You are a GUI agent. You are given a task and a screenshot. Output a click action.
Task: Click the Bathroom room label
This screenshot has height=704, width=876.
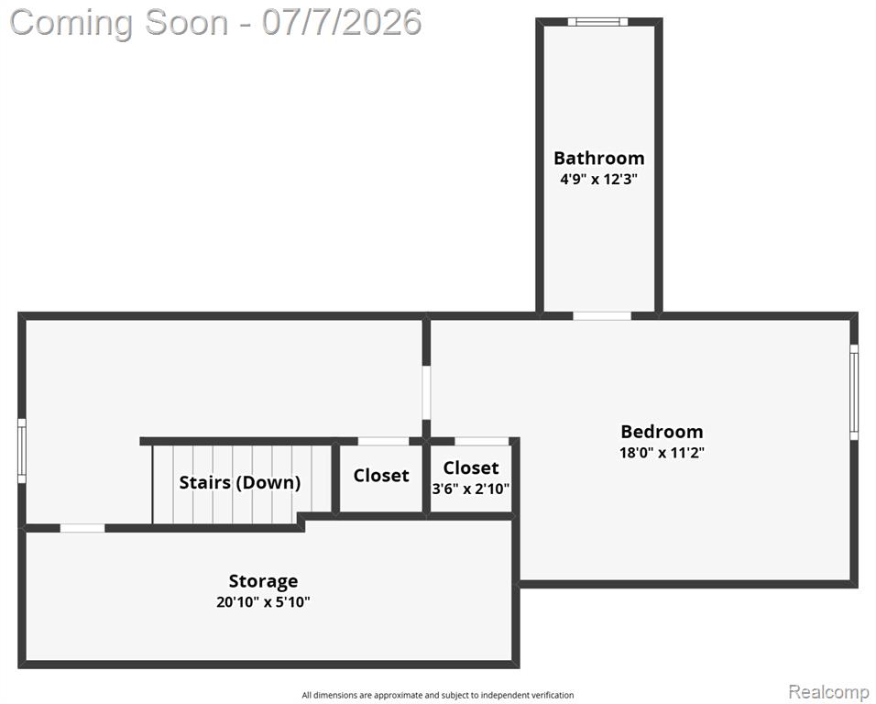click(599, 158)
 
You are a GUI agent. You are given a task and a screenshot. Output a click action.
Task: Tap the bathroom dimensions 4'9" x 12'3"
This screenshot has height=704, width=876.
click(599, 180)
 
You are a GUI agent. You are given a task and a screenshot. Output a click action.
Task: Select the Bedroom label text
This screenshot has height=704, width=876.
click(662, 432)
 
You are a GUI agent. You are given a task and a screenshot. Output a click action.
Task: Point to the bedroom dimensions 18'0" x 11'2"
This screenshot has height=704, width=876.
click(662, 452)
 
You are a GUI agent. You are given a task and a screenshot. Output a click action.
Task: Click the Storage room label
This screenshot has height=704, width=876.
click(263, 582)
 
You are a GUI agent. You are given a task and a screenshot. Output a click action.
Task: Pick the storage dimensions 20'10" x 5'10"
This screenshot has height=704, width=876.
click(263, 602)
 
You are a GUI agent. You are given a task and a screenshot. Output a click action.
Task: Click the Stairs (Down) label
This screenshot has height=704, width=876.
click(240, 482)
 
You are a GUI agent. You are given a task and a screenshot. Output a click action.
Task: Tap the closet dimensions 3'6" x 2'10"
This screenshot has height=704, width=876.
click(471, 489)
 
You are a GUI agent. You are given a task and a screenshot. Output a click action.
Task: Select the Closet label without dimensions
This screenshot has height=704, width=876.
click(381, 476)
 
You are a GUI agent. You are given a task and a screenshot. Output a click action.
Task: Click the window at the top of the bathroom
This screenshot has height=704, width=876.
click(597, 22)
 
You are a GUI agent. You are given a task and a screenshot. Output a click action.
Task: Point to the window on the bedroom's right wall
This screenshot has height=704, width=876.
click(854, 391)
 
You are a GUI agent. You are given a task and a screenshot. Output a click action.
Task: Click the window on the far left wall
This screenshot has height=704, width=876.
click(22, 451)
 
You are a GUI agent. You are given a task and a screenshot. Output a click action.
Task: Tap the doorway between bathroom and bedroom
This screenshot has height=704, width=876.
click(602, 315)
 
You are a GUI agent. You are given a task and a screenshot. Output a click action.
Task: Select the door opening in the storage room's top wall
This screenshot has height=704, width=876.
click(82, 528)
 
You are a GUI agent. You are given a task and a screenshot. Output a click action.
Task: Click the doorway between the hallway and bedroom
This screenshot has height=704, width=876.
click(426, 392)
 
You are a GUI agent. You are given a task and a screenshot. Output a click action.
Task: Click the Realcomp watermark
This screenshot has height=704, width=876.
click(828, 691)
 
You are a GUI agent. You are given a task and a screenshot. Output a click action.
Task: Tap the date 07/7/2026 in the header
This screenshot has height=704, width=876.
click(342, 23)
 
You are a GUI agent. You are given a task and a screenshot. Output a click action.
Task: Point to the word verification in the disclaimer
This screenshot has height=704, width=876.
click(552, 696)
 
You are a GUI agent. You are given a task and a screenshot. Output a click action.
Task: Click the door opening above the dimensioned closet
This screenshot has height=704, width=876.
click(482, 442)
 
